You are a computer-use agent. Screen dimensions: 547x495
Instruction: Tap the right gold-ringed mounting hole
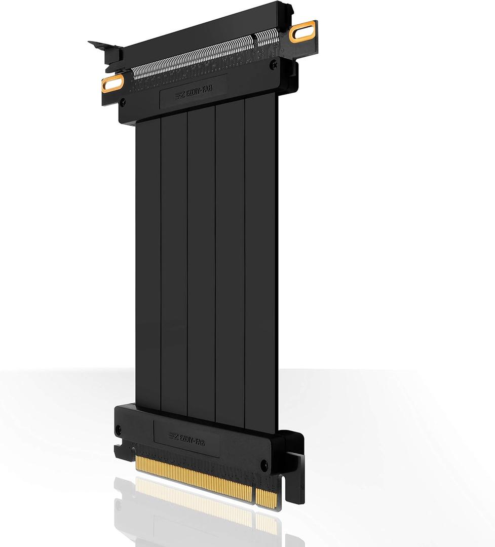coord(303,33)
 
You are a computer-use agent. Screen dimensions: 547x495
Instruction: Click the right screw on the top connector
coord(274,64)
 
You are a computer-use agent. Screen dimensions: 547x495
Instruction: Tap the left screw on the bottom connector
coord(119,428)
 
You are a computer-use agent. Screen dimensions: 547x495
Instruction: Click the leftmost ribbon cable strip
coord(148,263)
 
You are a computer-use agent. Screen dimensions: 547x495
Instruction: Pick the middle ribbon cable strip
coord(201,263)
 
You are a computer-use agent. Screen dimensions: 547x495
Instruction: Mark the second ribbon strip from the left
coord(174,263)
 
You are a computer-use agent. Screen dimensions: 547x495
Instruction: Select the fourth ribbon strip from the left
coord(230,263)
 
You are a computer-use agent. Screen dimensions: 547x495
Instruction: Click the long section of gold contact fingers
coord(193,479)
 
